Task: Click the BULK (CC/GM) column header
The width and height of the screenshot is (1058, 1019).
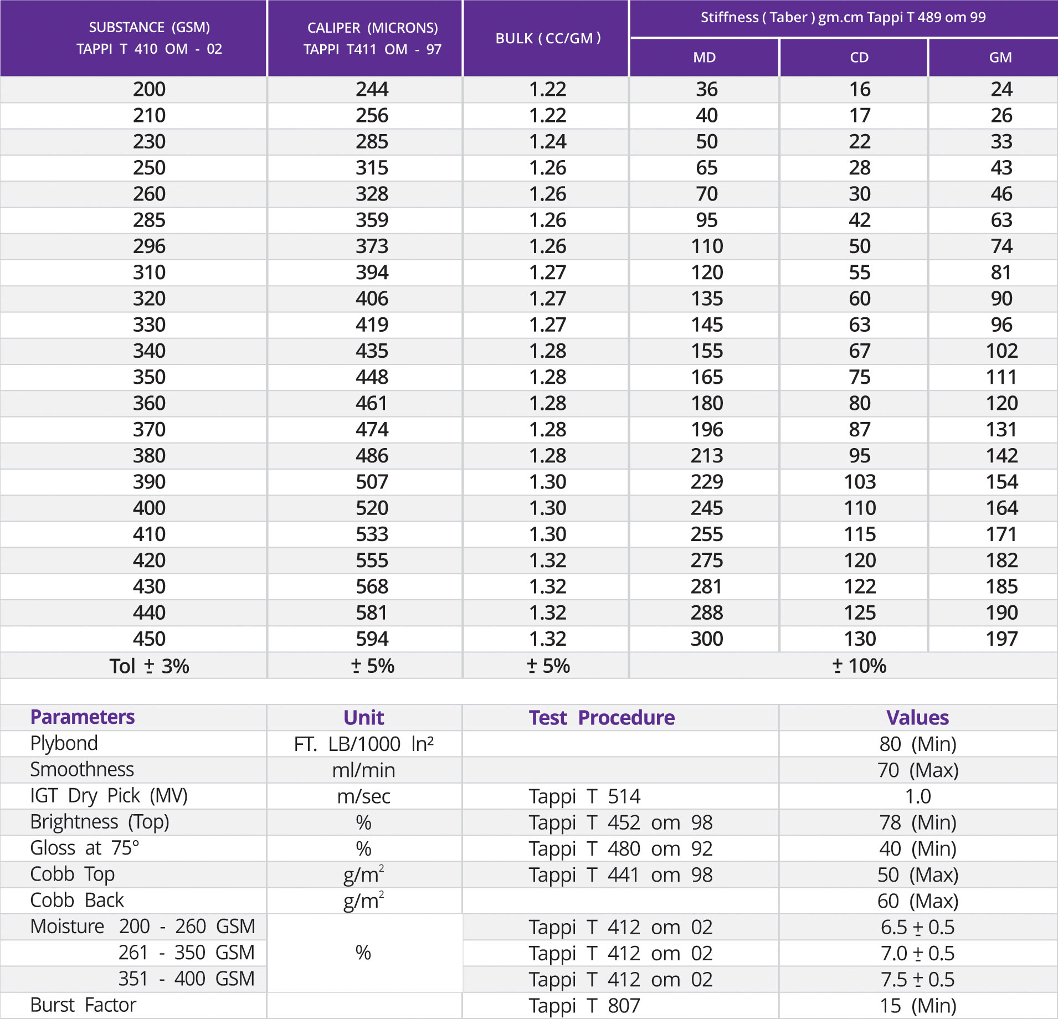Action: click(547, 38)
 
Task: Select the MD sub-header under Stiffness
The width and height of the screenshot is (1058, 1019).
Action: click(704, 58)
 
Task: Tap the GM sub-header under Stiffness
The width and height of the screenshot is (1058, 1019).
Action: click(1000, 58)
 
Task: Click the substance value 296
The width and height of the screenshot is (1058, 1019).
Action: click(149, 246)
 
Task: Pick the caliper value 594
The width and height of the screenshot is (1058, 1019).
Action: click(372, 639)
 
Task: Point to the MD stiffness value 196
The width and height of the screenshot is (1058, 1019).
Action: click(706, 430)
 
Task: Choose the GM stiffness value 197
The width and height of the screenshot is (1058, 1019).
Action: click(1001, 639)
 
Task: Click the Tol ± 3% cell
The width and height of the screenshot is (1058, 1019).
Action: click(149, 666)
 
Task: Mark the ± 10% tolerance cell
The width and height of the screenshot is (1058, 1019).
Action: click(859, 666)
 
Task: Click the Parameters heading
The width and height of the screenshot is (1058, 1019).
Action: click(83, 717)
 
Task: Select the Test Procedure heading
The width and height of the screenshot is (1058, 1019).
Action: click(602, 718)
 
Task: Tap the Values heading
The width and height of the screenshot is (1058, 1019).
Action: click(917, 718)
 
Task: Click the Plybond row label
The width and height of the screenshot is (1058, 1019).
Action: click(64, 743)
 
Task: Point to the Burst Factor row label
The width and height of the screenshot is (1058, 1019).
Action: click(83, 1005)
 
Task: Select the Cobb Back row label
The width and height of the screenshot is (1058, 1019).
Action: click(77, 900)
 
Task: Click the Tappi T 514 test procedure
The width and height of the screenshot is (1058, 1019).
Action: click(584, 796)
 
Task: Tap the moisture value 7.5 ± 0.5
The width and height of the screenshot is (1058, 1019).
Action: click(917, 980)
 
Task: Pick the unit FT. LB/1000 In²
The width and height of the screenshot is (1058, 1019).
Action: click(363, 744)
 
